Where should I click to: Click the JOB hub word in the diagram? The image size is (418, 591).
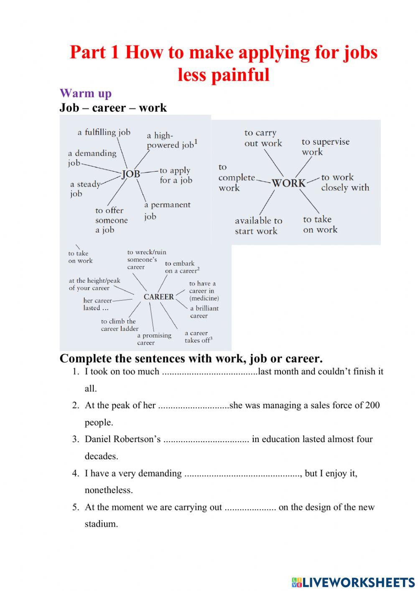point(131,174)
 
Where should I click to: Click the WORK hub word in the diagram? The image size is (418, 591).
point(288,183)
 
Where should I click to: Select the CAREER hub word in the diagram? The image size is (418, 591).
point(158,297)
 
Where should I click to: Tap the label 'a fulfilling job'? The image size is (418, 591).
point(104,132)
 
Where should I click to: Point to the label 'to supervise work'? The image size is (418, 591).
point(325,146)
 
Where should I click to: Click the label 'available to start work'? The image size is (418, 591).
point(258,225)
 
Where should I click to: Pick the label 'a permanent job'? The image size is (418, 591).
point(167,210)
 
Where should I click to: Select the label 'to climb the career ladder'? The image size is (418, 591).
point(119,325)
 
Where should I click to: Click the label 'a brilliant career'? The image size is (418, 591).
point(204,312)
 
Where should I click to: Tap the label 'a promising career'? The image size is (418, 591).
point(154,339)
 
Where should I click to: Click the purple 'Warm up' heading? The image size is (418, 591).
point(85,93)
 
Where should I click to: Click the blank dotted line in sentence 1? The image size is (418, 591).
point(209,372)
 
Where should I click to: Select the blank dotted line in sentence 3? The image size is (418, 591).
point(206,440)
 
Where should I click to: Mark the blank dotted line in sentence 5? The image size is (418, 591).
point(250,507)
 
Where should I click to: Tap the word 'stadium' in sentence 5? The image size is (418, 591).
point(100,524)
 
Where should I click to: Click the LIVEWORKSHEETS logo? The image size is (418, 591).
point(353,582)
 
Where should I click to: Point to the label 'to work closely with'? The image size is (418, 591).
point(345,182)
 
